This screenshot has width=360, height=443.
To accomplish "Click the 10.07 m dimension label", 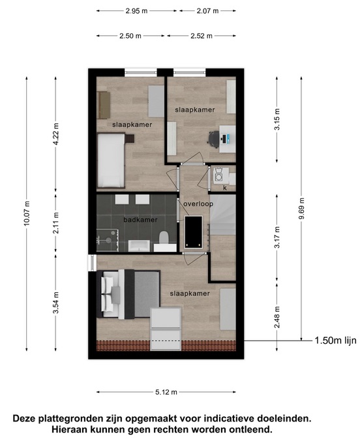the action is click(27, 213).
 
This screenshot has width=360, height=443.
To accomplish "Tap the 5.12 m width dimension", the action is click(166, 392).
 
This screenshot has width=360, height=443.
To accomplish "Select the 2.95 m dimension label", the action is click(136, 11).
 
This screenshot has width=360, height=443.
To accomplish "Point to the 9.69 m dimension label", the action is click(301, 208).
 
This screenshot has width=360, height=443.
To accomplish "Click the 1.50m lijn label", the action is click(335, 341).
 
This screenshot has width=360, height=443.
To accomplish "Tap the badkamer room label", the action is click(140, 219).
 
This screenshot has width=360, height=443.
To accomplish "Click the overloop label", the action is click(198, 204).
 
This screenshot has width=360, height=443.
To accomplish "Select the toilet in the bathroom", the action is click(164, 237).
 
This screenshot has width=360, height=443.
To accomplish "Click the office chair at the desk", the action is click(214, 139).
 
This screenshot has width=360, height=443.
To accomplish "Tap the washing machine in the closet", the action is click(218, 176).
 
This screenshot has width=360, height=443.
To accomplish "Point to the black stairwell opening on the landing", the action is click(194, 232).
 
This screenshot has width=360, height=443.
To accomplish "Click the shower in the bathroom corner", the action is click(108, 240).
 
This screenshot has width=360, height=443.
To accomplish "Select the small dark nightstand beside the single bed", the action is click(130, 138).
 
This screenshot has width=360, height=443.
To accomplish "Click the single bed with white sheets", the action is click(111, 160).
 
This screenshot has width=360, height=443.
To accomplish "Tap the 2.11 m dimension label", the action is click(55, 223).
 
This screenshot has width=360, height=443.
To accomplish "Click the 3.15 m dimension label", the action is click(277, 119).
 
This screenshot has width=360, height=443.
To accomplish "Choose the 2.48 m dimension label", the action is click(277, 317).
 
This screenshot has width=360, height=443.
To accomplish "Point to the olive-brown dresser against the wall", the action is click(103, 105).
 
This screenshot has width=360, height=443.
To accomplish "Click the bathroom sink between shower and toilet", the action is click(139, 245).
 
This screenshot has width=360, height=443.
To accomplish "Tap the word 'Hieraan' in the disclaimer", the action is click(70, 429).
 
